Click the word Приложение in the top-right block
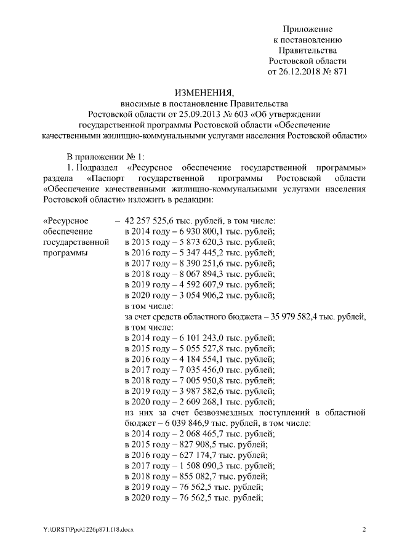[308, 29]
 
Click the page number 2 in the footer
[364, 529]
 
